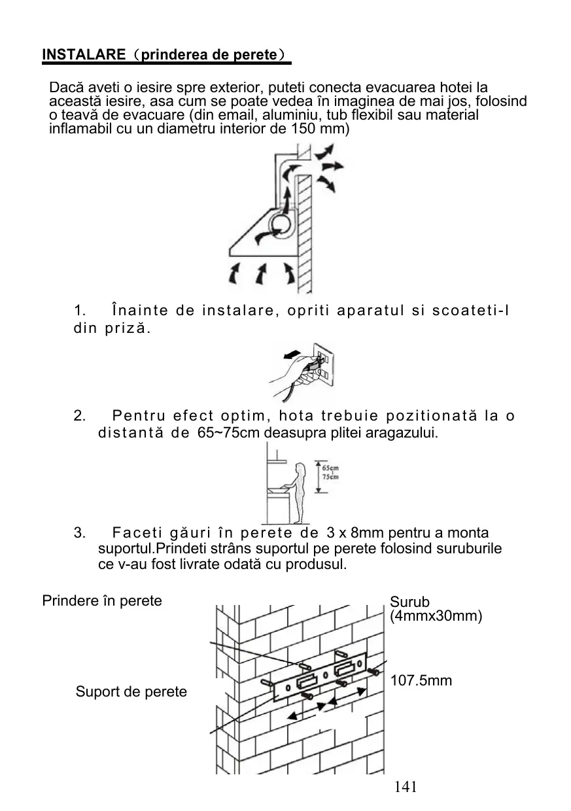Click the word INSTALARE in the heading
click(x=83, y=55)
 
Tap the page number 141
click(x=406, y=786)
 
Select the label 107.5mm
click(x=421, y=681)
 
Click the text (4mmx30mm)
click(x=436, y=616)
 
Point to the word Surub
click(x=410, y=602)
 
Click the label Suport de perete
click(x=131, y=692)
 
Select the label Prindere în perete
click(x=102, y=600)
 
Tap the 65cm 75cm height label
click(x=330, y=472)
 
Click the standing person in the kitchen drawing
click(x=300, y=491)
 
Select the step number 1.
click(x=80, y=309)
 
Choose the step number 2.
click(x=80, y=416)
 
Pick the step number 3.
click(x=80, y=534)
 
